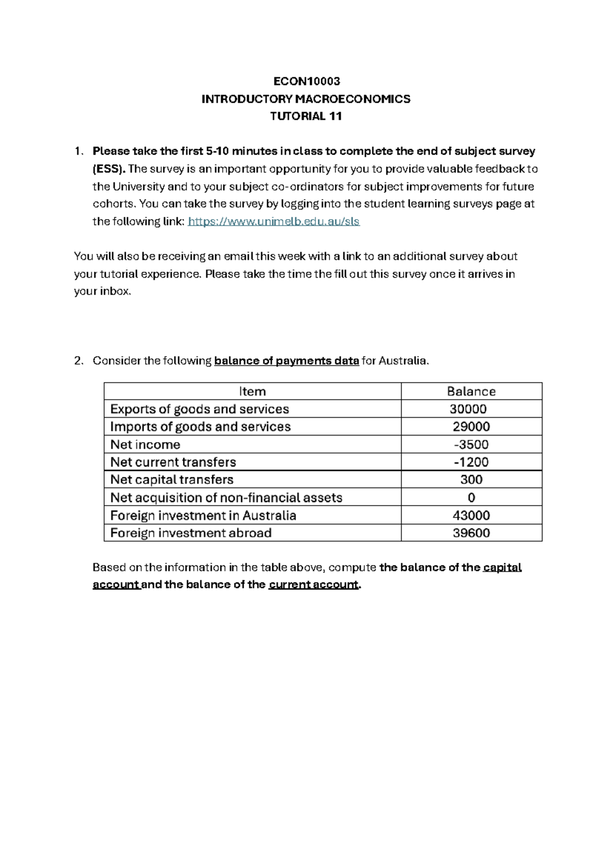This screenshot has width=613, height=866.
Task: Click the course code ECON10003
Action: (306, 81)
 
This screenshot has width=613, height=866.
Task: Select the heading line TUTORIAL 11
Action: (306, 116)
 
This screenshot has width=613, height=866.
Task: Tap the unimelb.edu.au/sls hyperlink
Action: (274, 222)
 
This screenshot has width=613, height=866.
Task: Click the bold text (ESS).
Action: (109, 169)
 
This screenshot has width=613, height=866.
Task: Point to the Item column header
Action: (252, 392)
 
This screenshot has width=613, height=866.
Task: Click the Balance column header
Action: (471, 392)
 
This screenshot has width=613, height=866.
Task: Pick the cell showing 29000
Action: (471, 427)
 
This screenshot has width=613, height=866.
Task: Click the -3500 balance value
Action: (471, 444)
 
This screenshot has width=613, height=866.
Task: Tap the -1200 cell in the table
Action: (471, 462)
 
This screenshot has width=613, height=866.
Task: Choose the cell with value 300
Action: (471, 479)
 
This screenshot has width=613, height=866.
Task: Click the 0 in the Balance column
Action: (471, 497)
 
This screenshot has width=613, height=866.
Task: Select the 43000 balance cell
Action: (471, 515)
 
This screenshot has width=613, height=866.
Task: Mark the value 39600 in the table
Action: (471, 533)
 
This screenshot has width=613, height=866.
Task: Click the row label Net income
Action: (145, 444)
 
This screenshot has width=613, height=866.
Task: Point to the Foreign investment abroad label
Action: (191, 533)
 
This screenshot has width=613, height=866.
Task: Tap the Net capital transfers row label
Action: (172, 479)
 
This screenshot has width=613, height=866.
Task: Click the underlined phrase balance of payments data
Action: (287, 361)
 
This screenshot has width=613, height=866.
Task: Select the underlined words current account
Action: (313, 585)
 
